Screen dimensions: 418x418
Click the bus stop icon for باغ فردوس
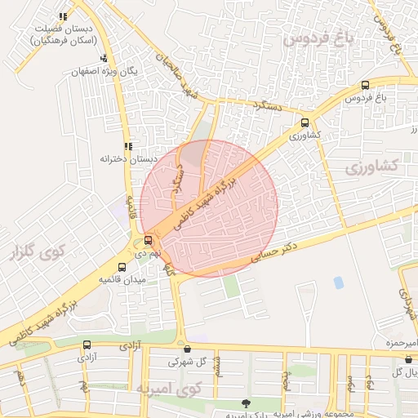click(364, 85)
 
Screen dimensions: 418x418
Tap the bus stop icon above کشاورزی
click(305, 122)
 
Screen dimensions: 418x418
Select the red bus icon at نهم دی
click(148, 240)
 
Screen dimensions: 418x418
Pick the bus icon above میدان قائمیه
click(122, 267)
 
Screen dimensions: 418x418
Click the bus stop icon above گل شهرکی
click(186, 349)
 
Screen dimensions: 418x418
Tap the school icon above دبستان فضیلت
click(63, 17)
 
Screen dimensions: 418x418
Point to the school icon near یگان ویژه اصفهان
click(103, 59)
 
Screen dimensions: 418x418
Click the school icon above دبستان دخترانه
click(127, 146)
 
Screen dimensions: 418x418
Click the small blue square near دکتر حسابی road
click(338, 282)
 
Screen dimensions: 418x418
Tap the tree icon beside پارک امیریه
click(245, 402)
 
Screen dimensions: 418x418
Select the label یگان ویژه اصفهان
click(100, 71)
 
